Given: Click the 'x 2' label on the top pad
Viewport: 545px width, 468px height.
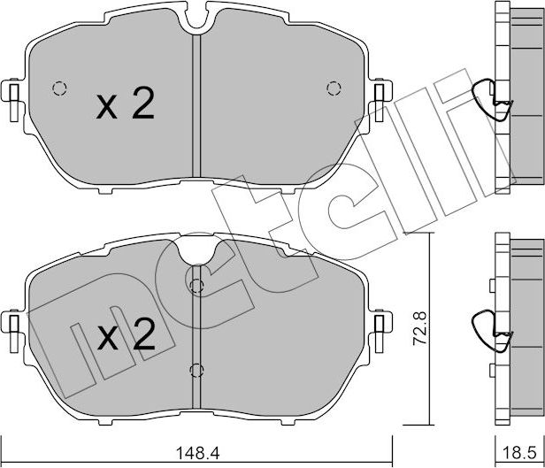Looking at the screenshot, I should [126, 107].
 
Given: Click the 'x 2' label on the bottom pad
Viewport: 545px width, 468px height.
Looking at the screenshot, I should [126, 335].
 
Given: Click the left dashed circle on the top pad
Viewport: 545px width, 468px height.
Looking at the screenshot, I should [60, 88].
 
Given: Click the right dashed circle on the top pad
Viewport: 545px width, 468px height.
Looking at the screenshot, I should [334, 88].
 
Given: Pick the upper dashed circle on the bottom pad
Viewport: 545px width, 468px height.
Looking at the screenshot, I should [196, 285].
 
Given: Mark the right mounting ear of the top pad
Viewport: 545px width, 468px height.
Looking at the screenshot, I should [380, 95].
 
